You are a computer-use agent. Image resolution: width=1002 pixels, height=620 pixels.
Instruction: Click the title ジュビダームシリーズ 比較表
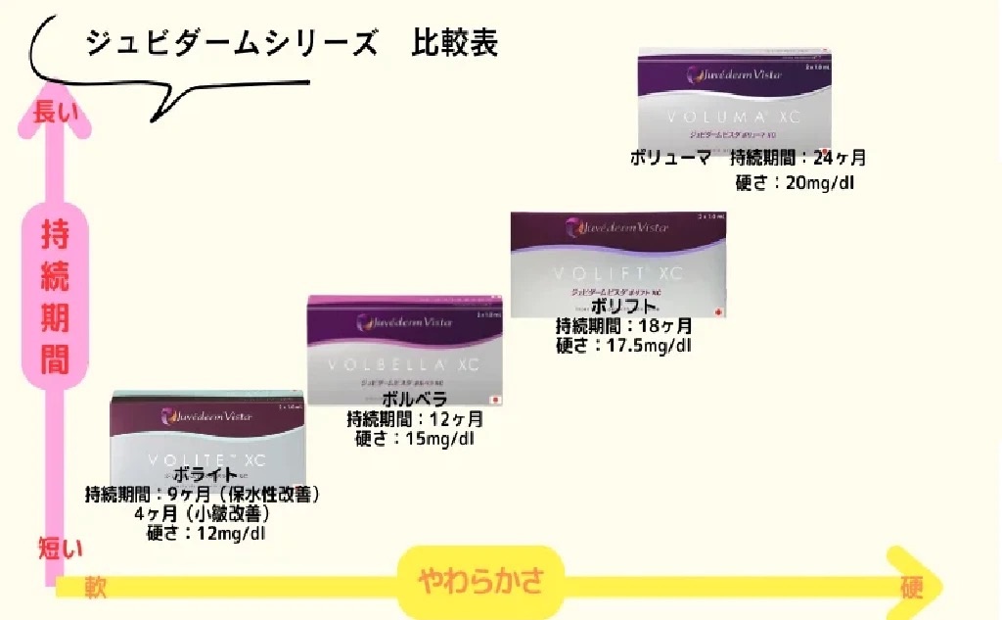[292, 44]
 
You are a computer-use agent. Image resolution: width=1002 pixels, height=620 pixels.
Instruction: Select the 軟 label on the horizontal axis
[95, 586]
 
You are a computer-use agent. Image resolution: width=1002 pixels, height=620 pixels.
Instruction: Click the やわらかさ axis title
[480, 582]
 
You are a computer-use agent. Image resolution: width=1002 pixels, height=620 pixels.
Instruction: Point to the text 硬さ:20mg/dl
[795, 181]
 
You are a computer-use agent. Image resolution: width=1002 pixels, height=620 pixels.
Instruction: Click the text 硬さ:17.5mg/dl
[623, 345]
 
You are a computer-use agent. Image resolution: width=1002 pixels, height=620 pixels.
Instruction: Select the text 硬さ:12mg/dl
[205, 533]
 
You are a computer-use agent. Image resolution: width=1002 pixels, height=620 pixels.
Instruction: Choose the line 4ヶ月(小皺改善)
[203, 512]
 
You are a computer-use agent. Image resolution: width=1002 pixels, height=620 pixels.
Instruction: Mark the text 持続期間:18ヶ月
[623, 325]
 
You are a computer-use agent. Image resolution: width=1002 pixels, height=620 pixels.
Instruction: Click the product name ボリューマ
[670, 157]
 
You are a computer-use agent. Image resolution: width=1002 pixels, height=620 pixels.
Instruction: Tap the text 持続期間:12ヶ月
[415, 418]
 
